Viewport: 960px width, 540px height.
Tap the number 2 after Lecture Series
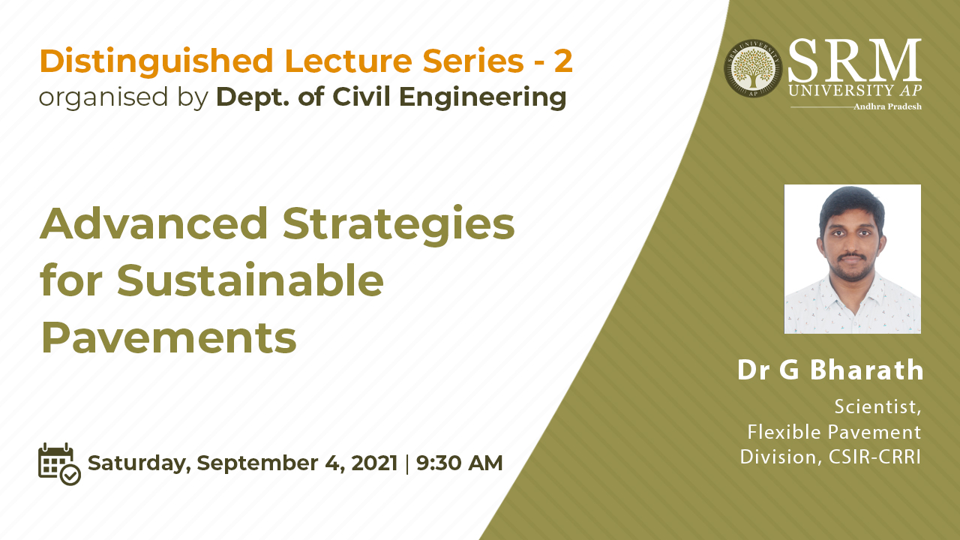point(563,61)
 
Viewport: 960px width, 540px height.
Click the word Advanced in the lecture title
point(154,223)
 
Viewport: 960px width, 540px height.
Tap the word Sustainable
point(250,280)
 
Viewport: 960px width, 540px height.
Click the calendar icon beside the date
point(59,464)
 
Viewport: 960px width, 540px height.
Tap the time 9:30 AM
point(459,463)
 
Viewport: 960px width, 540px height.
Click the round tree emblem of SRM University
point(753,68)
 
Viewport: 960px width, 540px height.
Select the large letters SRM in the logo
point(854,60)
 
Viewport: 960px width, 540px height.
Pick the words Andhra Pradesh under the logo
point(887,106)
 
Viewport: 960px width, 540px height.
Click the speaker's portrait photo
point(853,259)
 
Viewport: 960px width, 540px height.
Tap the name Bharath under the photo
point(866,370)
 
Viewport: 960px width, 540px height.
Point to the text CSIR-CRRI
point(874,457)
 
